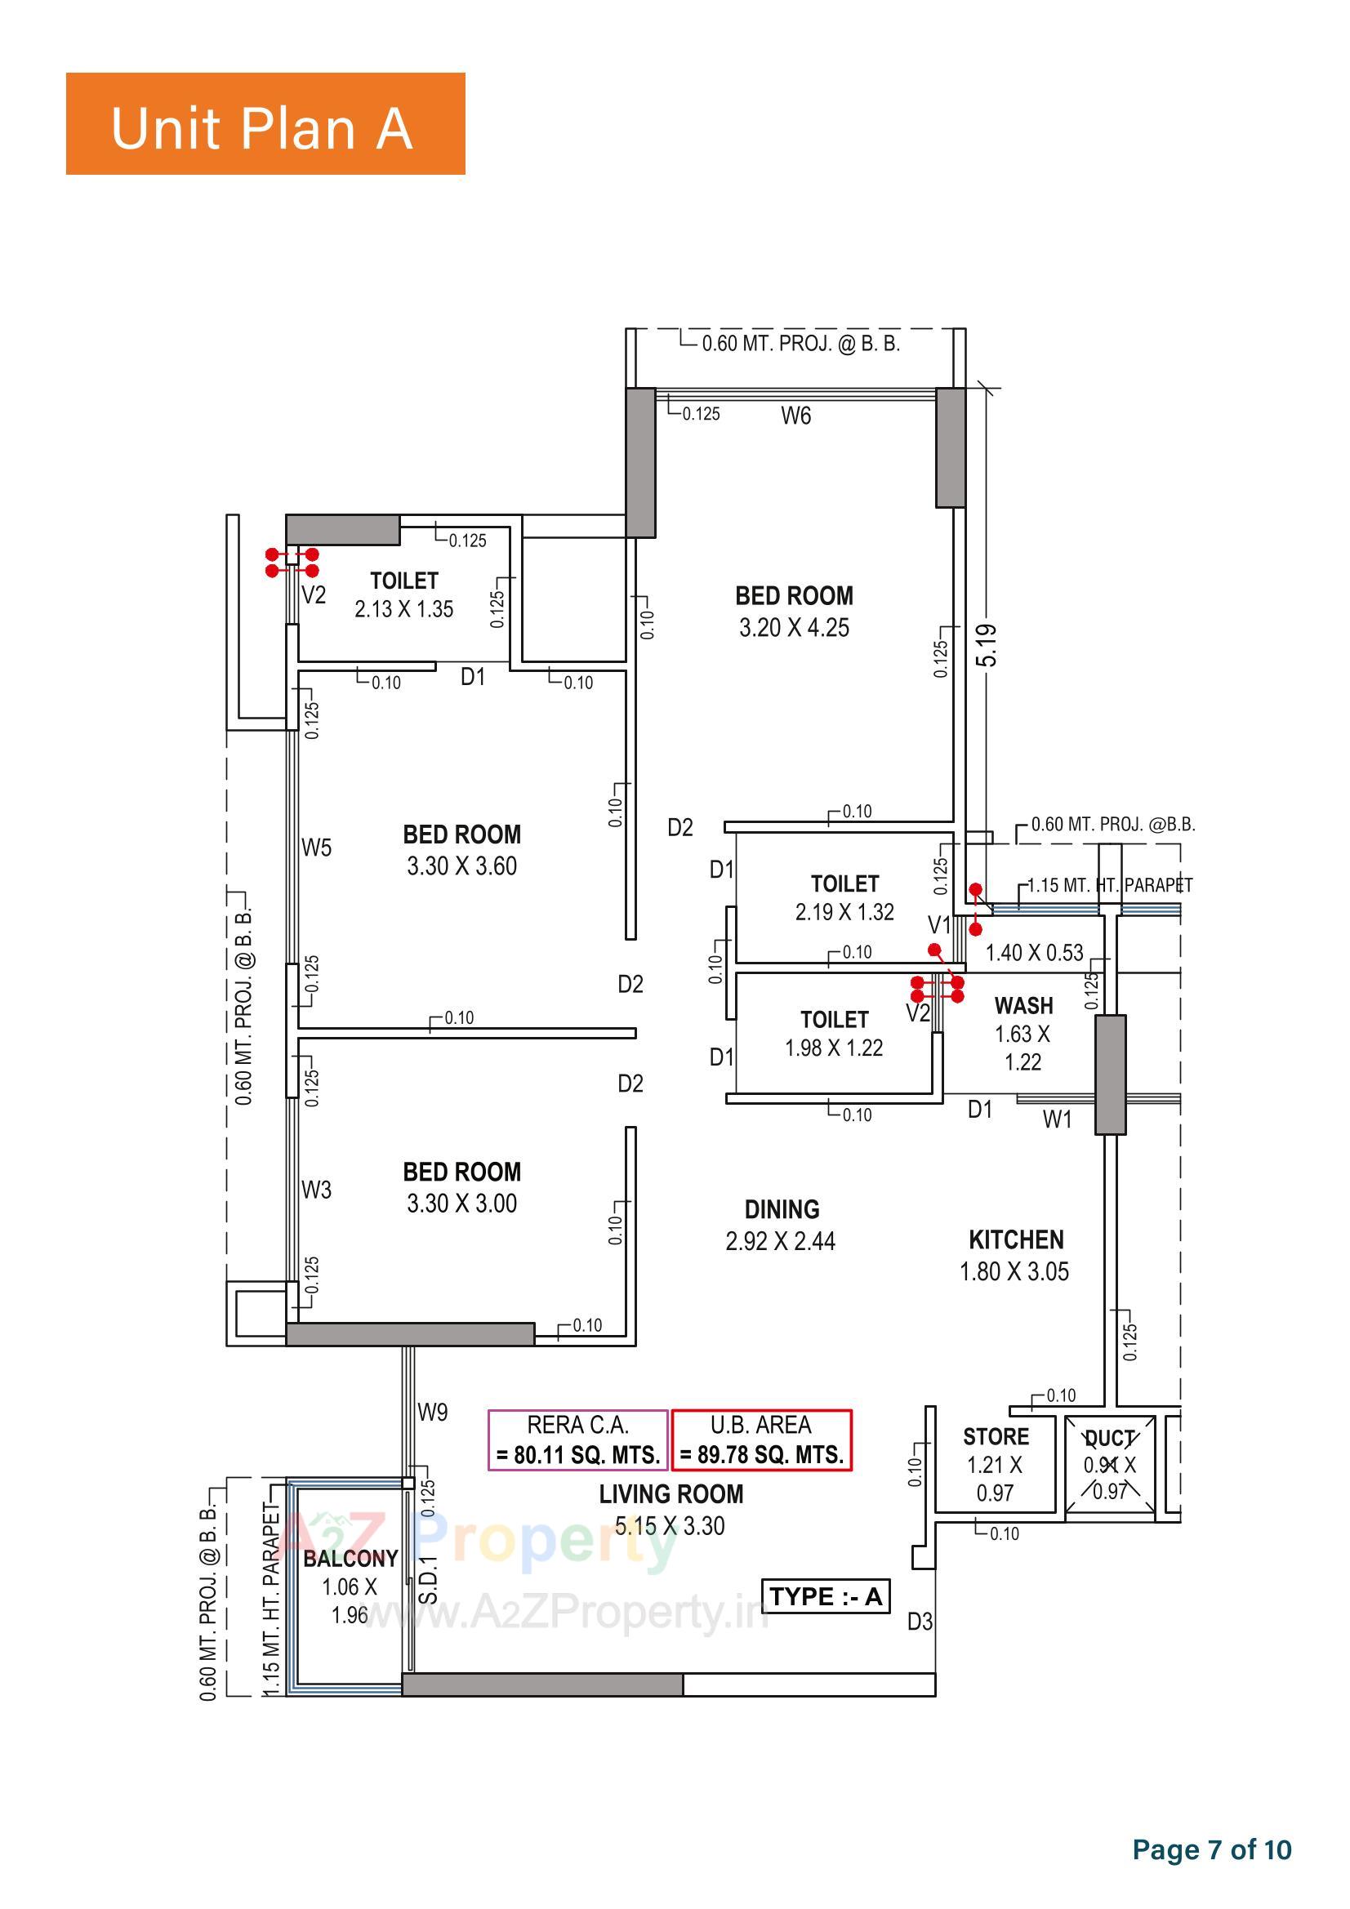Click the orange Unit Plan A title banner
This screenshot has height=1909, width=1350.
tap(265, 123)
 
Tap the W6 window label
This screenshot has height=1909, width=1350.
tap(795, 416)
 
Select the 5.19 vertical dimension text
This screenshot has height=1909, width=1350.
tap(987, 644)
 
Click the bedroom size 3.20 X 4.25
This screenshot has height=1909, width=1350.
tap(794, 628)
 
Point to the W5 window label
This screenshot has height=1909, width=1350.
tap(316, 848)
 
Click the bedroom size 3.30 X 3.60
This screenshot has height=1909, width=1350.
tap(461, 866)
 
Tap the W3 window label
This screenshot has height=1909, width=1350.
tap(316, 1190)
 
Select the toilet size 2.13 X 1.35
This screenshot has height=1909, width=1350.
tap(403, 609)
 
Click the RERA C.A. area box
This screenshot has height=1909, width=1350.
tap(577, 1440)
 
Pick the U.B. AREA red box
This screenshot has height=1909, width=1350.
tap(761, 1440)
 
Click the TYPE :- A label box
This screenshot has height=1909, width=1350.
tap(825, 1596)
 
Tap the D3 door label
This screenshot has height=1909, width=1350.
tap(919, 1622)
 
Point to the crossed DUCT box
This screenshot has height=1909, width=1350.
tap(1110, 1465)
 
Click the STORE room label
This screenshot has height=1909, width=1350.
tap(996, 1437)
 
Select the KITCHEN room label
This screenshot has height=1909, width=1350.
tap(1016, 1239)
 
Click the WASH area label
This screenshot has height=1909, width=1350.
tap(1023, 1006)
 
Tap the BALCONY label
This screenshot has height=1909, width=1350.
tap(350, 1558)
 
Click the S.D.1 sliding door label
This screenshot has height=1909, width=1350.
tap(428, 1580)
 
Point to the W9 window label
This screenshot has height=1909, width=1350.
tap(433, 1412)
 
